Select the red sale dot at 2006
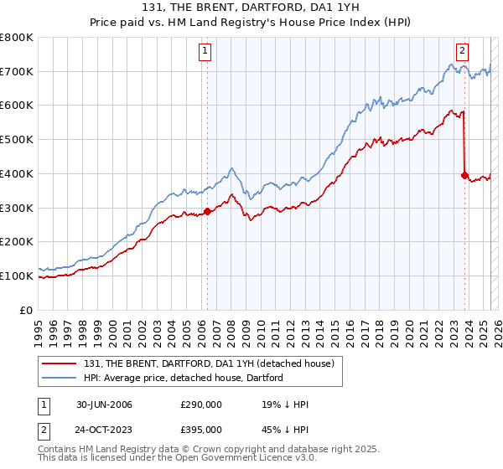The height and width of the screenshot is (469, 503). coord(207,211)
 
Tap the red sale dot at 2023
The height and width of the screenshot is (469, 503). coord(464,175)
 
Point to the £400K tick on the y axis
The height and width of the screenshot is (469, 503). coord(18,173)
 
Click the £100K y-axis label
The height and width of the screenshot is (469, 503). coord(18,276)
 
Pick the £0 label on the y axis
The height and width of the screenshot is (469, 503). coord(27,310)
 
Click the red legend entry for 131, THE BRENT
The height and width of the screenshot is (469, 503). coord(209,363)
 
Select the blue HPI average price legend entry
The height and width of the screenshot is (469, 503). coord(184,378)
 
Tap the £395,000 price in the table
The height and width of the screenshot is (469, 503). coord(201,430)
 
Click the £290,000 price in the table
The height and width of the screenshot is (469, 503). coord(201,405)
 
